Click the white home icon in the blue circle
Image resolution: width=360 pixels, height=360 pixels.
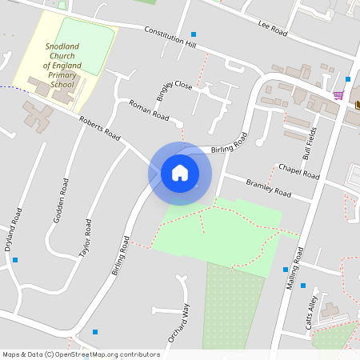click(x=180, y=173)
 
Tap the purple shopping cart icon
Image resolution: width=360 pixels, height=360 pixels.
click(x=338, y=94)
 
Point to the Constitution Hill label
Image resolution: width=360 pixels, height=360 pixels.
click(x=170, y=35)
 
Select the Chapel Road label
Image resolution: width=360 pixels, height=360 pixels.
click(x=298, y=171)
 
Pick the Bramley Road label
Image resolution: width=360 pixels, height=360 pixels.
click(x=269, y=188)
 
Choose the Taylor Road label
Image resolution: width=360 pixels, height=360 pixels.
click(x=86, y=238)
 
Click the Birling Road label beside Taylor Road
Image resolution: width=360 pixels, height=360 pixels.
click(x=120, y=256)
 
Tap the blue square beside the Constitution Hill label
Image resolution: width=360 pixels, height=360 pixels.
click(x=194, y=34)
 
